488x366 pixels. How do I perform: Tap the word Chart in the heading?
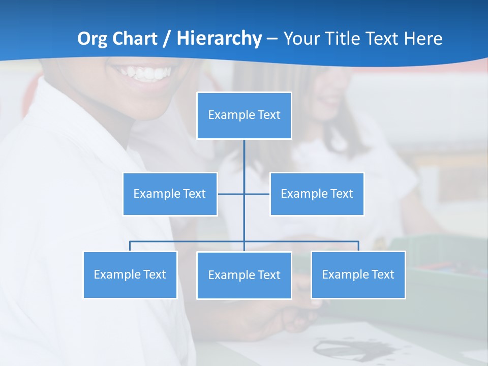[x=134, y=39]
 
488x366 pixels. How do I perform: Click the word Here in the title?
[x=423, y=39]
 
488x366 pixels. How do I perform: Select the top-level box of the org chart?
[x=244, y=115]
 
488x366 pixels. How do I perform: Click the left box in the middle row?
[x=170, y=194]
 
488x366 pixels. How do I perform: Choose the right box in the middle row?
[x=317, y=194]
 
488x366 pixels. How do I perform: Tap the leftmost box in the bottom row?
[x=130, y=274]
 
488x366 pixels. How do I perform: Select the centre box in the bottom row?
[x=244, y=275]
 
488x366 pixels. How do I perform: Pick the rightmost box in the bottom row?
[x=358, y=274]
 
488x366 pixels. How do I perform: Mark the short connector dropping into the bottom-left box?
[x=130, y=246]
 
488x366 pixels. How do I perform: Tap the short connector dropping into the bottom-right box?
[x=358, y=246]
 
